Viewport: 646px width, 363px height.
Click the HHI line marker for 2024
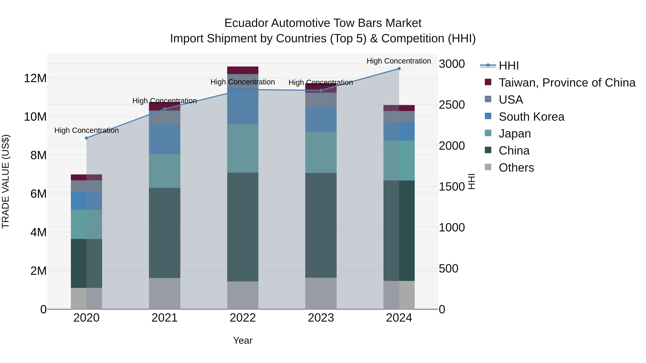point(399,69)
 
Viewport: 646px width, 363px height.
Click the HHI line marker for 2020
point(86,138)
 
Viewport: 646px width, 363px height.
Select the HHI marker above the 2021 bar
point(165,109)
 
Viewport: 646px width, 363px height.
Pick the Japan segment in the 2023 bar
point(321,152)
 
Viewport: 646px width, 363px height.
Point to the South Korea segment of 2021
point(165,139)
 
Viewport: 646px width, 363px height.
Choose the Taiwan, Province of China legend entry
point(567,83)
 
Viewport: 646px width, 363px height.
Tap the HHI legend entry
point(508,66)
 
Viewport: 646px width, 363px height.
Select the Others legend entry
point(516,168)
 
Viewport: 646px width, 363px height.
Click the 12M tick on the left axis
point(35,78)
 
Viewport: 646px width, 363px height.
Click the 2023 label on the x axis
point(321,318)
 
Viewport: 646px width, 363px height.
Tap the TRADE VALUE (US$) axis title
point(6,181)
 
